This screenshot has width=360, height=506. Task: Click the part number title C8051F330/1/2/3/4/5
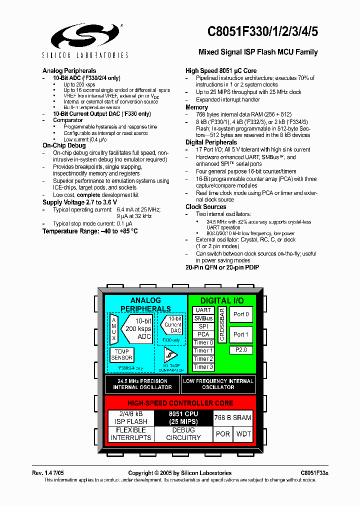[262, 31]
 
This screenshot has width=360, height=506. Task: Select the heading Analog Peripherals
[69, 71]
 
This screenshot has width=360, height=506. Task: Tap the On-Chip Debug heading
[64, 145]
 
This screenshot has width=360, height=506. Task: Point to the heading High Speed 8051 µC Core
[221, 71]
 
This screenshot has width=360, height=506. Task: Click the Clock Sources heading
[206, 206]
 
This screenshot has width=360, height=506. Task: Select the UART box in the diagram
[203, 310]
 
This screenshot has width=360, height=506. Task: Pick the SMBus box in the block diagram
[203, 318]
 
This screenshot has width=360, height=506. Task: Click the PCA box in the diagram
[203, 334]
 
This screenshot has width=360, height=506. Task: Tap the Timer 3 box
[203, 367]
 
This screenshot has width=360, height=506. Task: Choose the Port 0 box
[241, 314]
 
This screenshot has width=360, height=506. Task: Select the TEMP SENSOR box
[121, 354]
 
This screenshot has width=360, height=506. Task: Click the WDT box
[244, 433]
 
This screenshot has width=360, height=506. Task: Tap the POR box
[223, 433]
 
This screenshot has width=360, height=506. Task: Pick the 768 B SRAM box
[232, 417]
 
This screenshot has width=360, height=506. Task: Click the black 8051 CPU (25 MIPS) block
[183, 417]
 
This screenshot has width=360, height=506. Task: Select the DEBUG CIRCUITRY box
[183, 433]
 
